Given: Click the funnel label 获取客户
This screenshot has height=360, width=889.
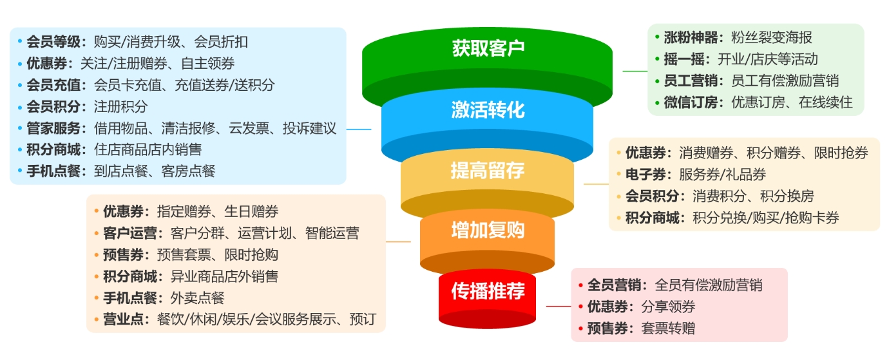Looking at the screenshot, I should point(488,48).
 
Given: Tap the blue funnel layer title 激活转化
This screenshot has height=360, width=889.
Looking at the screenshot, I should point(488,110).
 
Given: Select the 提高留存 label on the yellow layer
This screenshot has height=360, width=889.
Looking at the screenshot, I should point(488,171).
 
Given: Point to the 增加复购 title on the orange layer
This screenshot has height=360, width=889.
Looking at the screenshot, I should point(488,230).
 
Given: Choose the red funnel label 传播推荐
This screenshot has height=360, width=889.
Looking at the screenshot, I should point(488,291).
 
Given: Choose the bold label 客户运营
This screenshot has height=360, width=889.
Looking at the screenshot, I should point(129,233).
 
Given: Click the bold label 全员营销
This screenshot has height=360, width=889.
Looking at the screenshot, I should point(613,285).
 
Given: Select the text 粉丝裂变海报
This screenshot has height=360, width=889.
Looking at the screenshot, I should point(772,37).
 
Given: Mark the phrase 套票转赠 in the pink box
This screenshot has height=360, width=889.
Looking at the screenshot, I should point(668,328).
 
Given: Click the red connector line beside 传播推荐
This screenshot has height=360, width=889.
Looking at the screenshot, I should point(559,306).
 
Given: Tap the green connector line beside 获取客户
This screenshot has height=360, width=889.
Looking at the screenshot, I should point(635,71).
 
